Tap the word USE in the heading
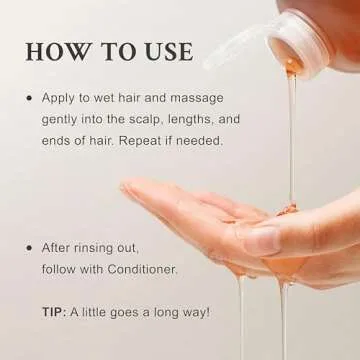170,52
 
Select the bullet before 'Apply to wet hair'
30,99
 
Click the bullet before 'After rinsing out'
30,248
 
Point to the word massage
197,99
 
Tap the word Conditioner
142,269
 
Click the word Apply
55,99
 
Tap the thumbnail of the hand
262,240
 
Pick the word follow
56,269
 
